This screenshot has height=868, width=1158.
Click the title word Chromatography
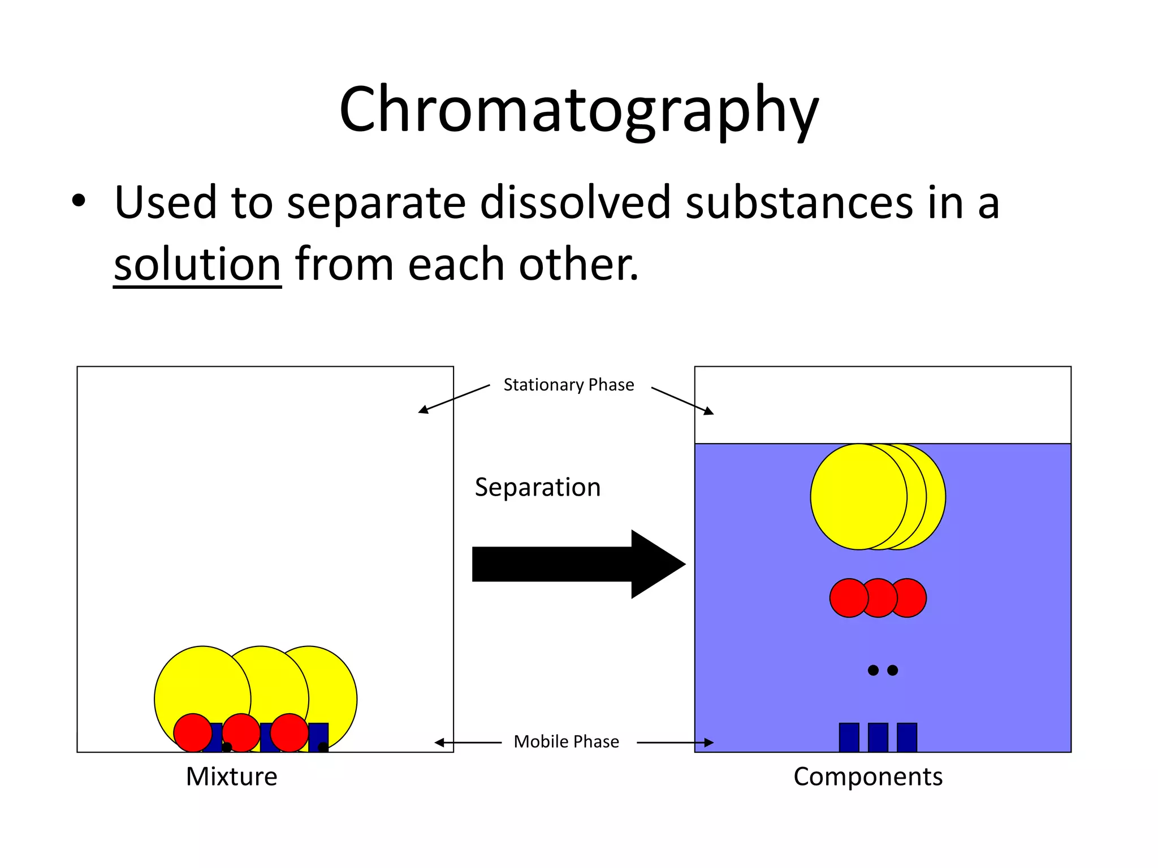pos(578,110)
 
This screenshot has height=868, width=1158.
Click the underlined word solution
pos(197,264)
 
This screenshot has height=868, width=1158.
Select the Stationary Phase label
pos(568,385)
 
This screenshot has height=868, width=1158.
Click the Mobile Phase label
pos(566,741)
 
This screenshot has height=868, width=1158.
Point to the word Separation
pos(537,487)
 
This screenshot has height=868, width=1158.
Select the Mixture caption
pos(231,776)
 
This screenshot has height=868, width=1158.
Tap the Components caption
pos(867,776)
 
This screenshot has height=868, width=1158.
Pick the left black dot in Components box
pos(873,670)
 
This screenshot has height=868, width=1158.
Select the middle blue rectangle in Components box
pos(878,737)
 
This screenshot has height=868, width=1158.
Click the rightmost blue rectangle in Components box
pos(906,737)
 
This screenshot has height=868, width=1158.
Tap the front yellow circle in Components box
pos(857,496)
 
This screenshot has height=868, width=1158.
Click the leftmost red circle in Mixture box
pos(193,732)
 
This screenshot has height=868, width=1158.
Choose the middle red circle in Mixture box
pos(241,732)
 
